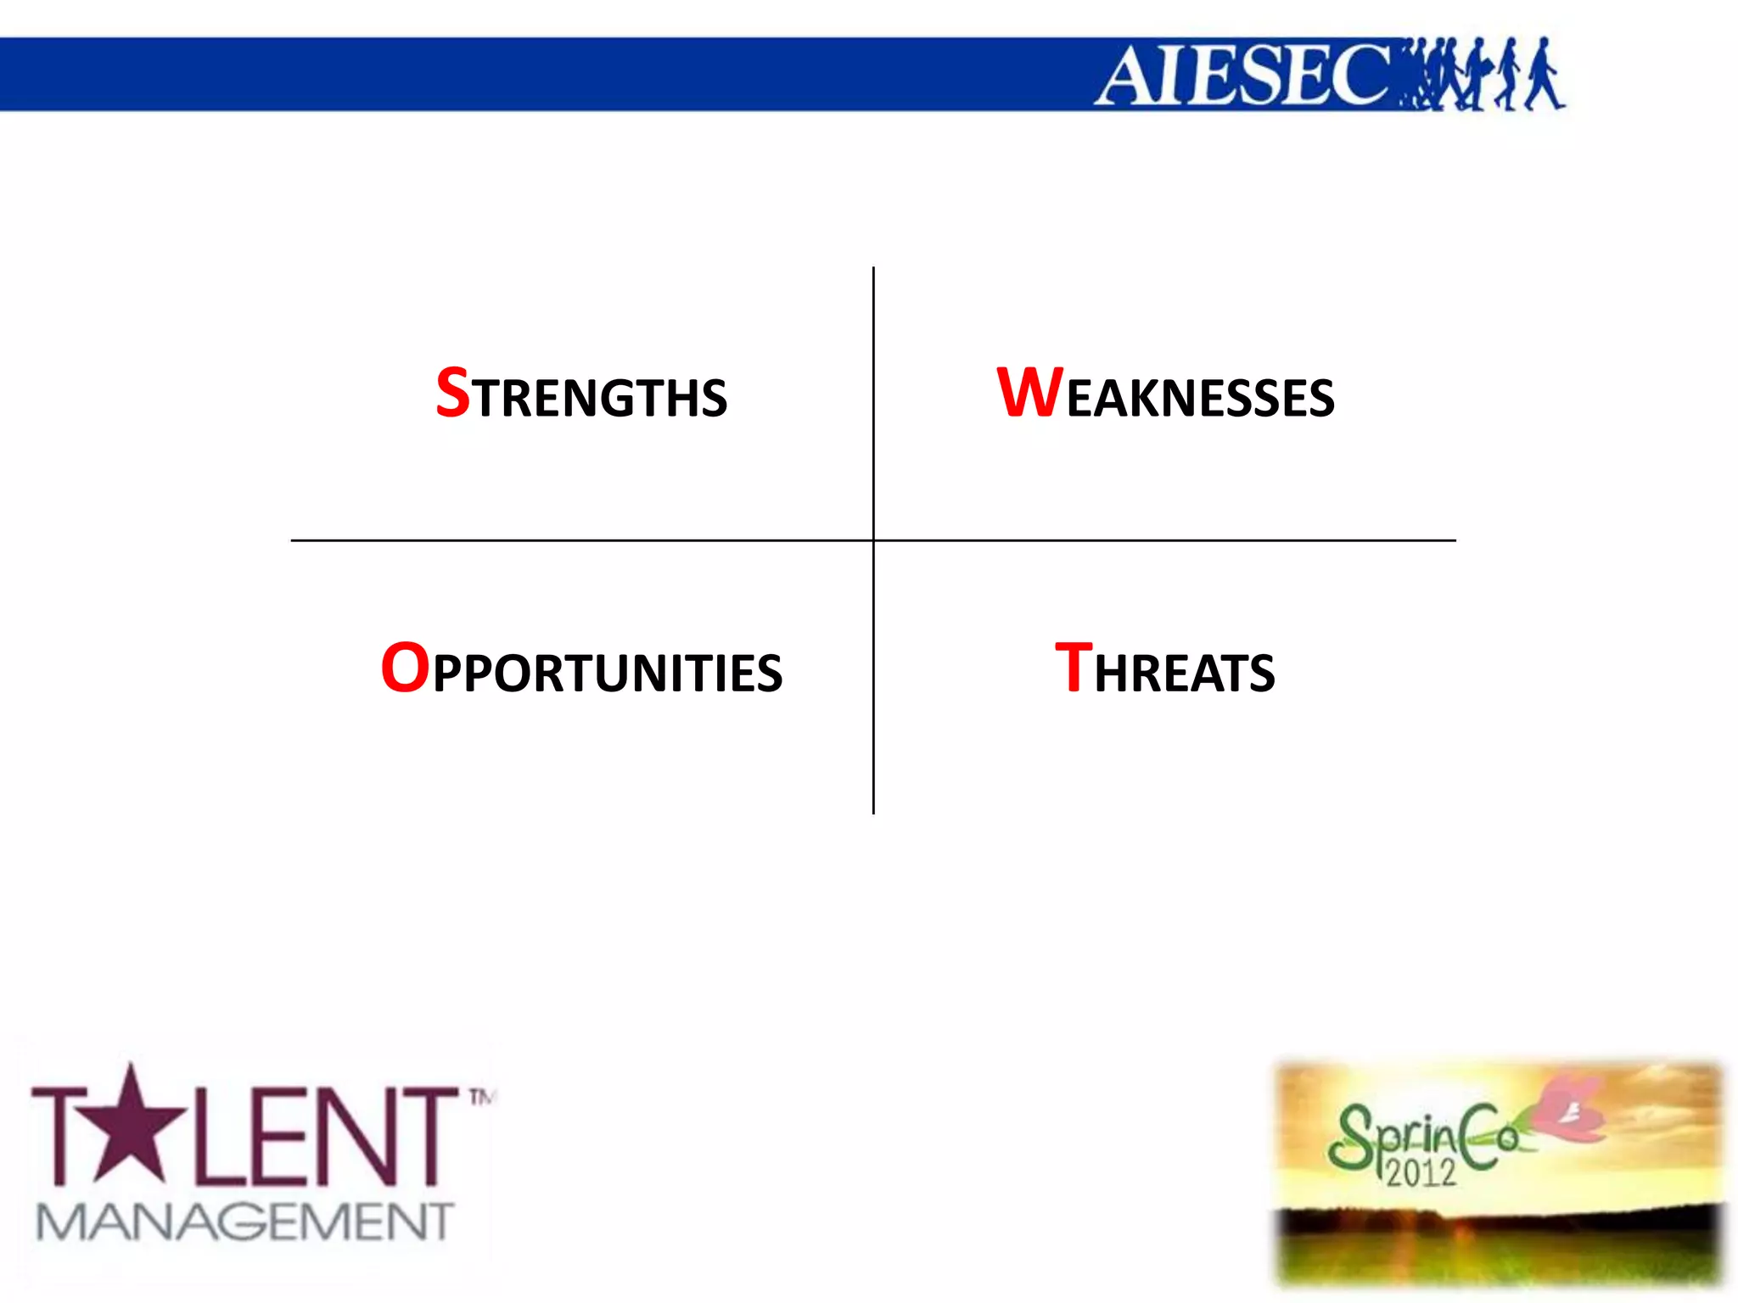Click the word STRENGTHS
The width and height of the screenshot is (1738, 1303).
click(581, 394)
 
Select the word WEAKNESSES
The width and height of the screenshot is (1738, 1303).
click(1165, 394)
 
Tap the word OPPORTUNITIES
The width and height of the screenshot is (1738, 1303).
click(581, 669)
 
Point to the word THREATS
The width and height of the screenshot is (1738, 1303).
click(1164, 669)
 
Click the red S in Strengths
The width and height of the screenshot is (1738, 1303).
click(452, 393)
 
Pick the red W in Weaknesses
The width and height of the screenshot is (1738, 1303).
click(1029, 393)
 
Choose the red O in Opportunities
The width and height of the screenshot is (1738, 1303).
click(405, 668)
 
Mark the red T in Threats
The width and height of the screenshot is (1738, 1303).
click(1073, 668)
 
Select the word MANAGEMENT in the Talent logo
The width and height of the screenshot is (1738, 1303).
click(245, 1222)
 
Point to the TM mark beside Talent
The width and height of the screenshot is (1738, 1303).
click(482, 1098)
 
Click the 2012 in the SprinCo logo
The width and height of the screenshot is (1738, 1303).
click(1421, 1172)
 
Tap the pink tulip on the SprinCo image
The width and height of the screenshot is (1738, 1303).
click(1570, 1107)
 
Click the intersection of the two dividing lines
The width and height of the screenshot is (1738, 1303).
click(873, 540)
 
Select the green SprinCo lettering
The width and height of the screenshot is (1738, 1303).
click(1426, 1137)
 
